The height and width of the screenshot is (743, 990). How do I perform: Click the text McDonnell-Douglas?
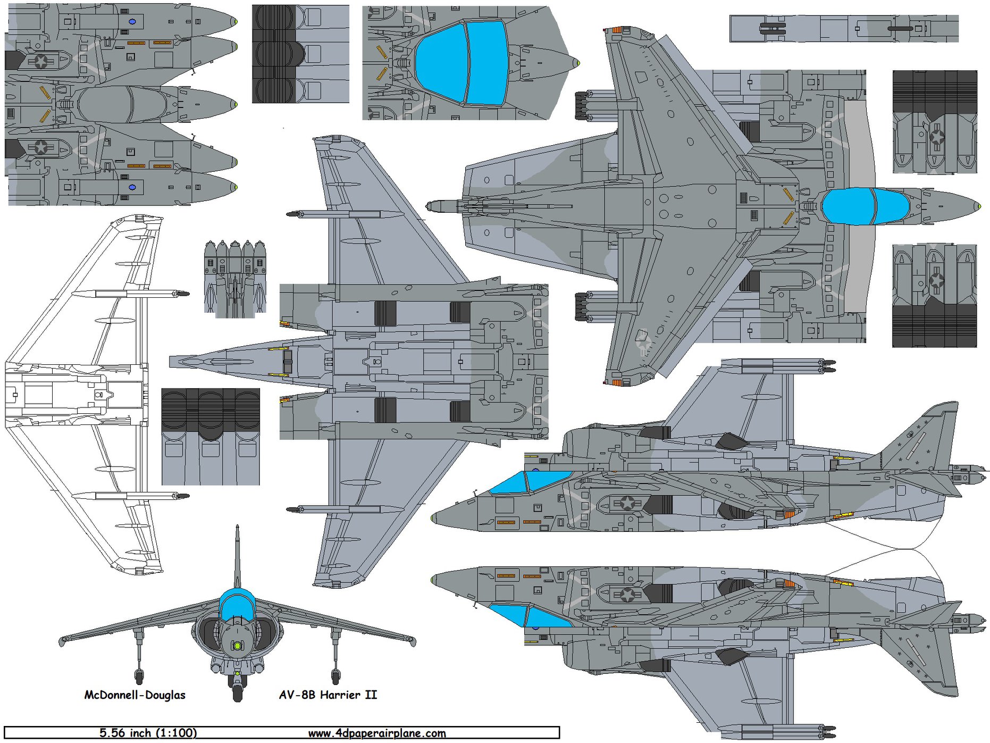(x=135, y=695)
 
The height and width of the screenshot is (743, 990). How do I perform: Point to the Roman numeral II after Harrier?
(x=371, y=695)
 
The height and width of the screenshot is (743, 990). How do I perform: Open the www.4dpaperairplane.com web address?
(x=377, y=733)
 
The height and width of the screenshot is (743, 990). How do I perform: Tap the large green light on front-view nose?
(x=238, y=645)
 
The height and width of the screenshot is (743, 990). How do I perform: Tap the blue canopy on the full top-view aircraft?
(x=865, y=206)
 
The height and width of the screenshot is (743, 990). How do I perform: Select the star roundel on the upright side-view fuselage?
(x=627, y=503)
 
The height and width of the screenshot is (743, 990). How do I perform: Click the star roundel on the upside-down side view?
(x=627, y=594)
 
